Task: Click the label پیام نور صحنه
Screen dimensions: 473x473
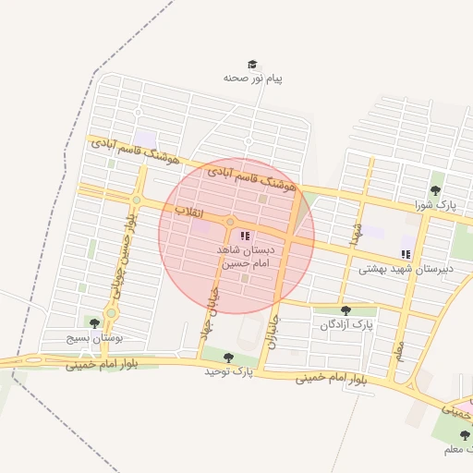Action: click(252, 79)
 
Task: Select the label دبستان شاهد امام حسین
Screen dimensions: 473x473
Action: click(245, 257)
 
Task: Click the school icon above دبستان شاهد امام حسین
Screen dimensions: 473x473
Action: click(245, 236)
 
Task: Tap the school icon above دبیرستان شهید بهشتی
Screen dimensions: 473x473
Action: click(405, 253)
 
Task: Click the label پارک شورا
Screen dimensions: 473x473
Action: click(435, 205)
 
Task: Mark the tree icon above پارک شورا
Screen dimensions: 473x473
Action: click(435, 190)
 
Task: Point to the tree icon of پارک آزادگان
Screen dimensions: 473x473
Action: click(346, 310)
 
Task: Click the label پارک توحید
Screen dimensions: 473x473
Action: click(228, 371)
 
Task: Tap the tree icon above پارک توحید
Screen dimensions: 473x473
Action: click(228, 357)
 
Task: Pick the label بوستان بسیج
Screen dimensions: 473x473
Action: click(93, 338)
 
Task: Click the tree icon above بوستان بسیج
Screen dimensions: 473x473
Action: click(93, 322)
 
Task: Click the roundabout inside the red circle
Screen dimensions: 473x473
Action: click(229, 221)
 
